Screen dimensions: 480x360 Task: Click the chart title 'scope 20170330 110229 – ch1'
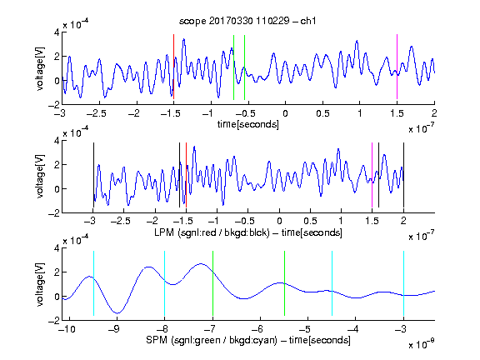coord(247,21)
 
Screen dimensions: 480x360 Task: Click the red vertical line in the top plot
coord(174,67)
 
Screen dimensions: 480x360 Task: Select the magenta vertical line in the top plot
coord(397,67)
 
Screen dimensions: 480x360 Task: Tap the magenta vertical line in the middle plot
coord(372,175)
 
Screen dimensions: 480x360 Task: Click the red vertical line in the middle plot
coord(186,175)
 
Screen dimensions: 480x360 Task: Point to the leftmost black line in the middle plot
coord(93,175)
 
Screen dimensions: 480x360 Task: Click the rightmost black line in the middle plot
coord(403,175)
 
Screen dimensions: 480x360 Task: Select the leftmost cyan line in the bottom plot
coord(93,283)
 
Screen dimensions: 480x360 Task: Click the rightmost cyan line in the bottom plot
coord(403,283)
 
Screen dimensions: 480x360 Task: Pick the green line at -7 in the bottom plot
coord(212,283)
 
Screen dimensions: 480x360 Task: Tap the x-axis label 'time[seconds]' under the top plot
coord(248,124)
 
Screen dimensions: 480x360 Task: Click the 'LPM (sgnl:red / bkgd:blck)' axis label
coord(212,232)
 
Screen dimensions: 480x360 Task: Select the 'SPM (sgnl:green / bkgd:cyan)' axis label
coord(212,340)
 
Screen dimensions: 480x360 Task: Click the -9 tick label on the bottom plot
coord(115,329)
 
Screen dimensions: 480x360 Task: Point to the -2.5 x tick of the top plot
coord(97,113)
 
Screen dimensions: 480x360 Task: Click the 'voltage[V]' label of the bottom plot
coord(40,284)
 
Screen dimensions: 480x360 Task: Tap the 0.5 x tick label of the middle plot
coord(310,221)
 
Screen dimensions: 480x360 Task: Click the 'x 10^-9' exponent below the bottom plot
coord(422,344)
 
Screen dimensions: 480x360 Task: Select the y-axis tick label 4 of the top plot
coord(57,32)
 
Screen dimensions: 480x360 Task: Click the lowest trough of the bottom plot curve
coord(117,313)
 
